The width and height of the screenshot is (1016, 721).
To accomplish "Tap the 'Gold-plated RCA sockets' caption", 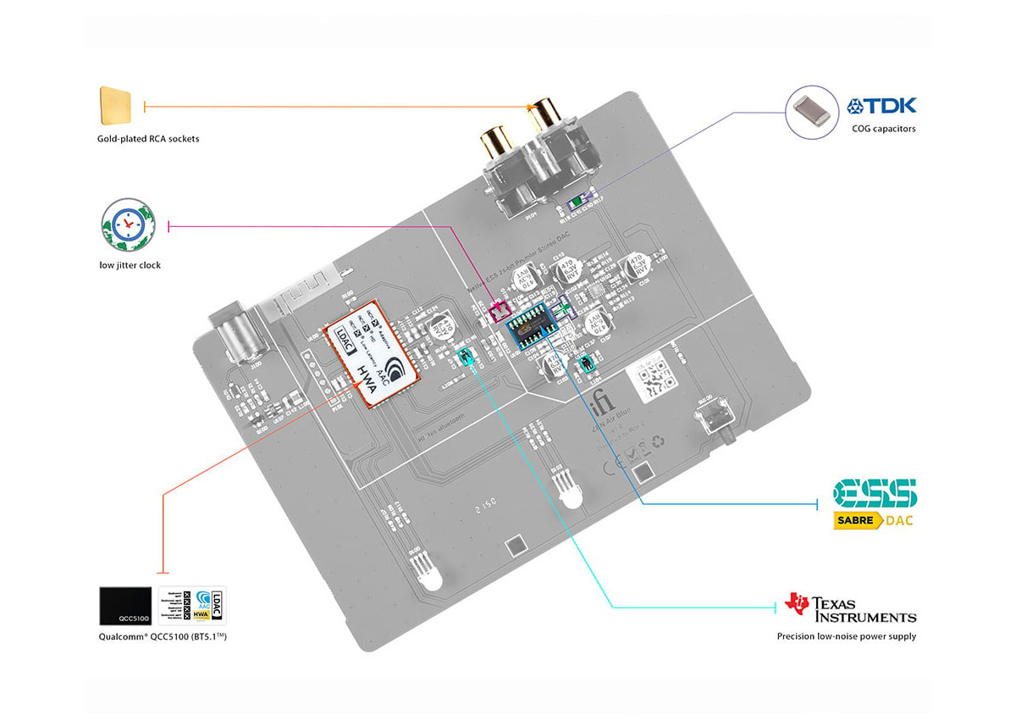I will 148,138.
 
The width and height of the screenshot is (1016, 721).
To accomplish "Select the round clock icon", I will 125,225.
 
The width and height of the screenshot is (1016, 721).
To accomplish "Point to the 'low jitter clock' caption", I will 130,265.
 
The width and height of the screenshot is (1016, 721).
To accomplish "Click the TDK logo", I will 881,107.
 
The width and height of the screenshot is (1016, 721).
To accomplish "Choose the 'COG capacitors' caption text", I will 884,129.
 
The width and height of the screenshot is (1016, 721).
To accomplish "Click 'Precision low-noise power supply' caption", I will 846,636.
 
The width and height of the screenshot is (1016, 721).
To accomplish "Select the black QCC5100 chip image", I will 125,607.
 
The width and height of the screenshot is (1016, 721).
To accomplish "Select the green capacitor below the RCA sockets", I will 577,201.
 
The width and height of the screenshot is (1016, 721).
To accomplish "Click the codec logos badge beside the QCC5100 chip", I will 192,607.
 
